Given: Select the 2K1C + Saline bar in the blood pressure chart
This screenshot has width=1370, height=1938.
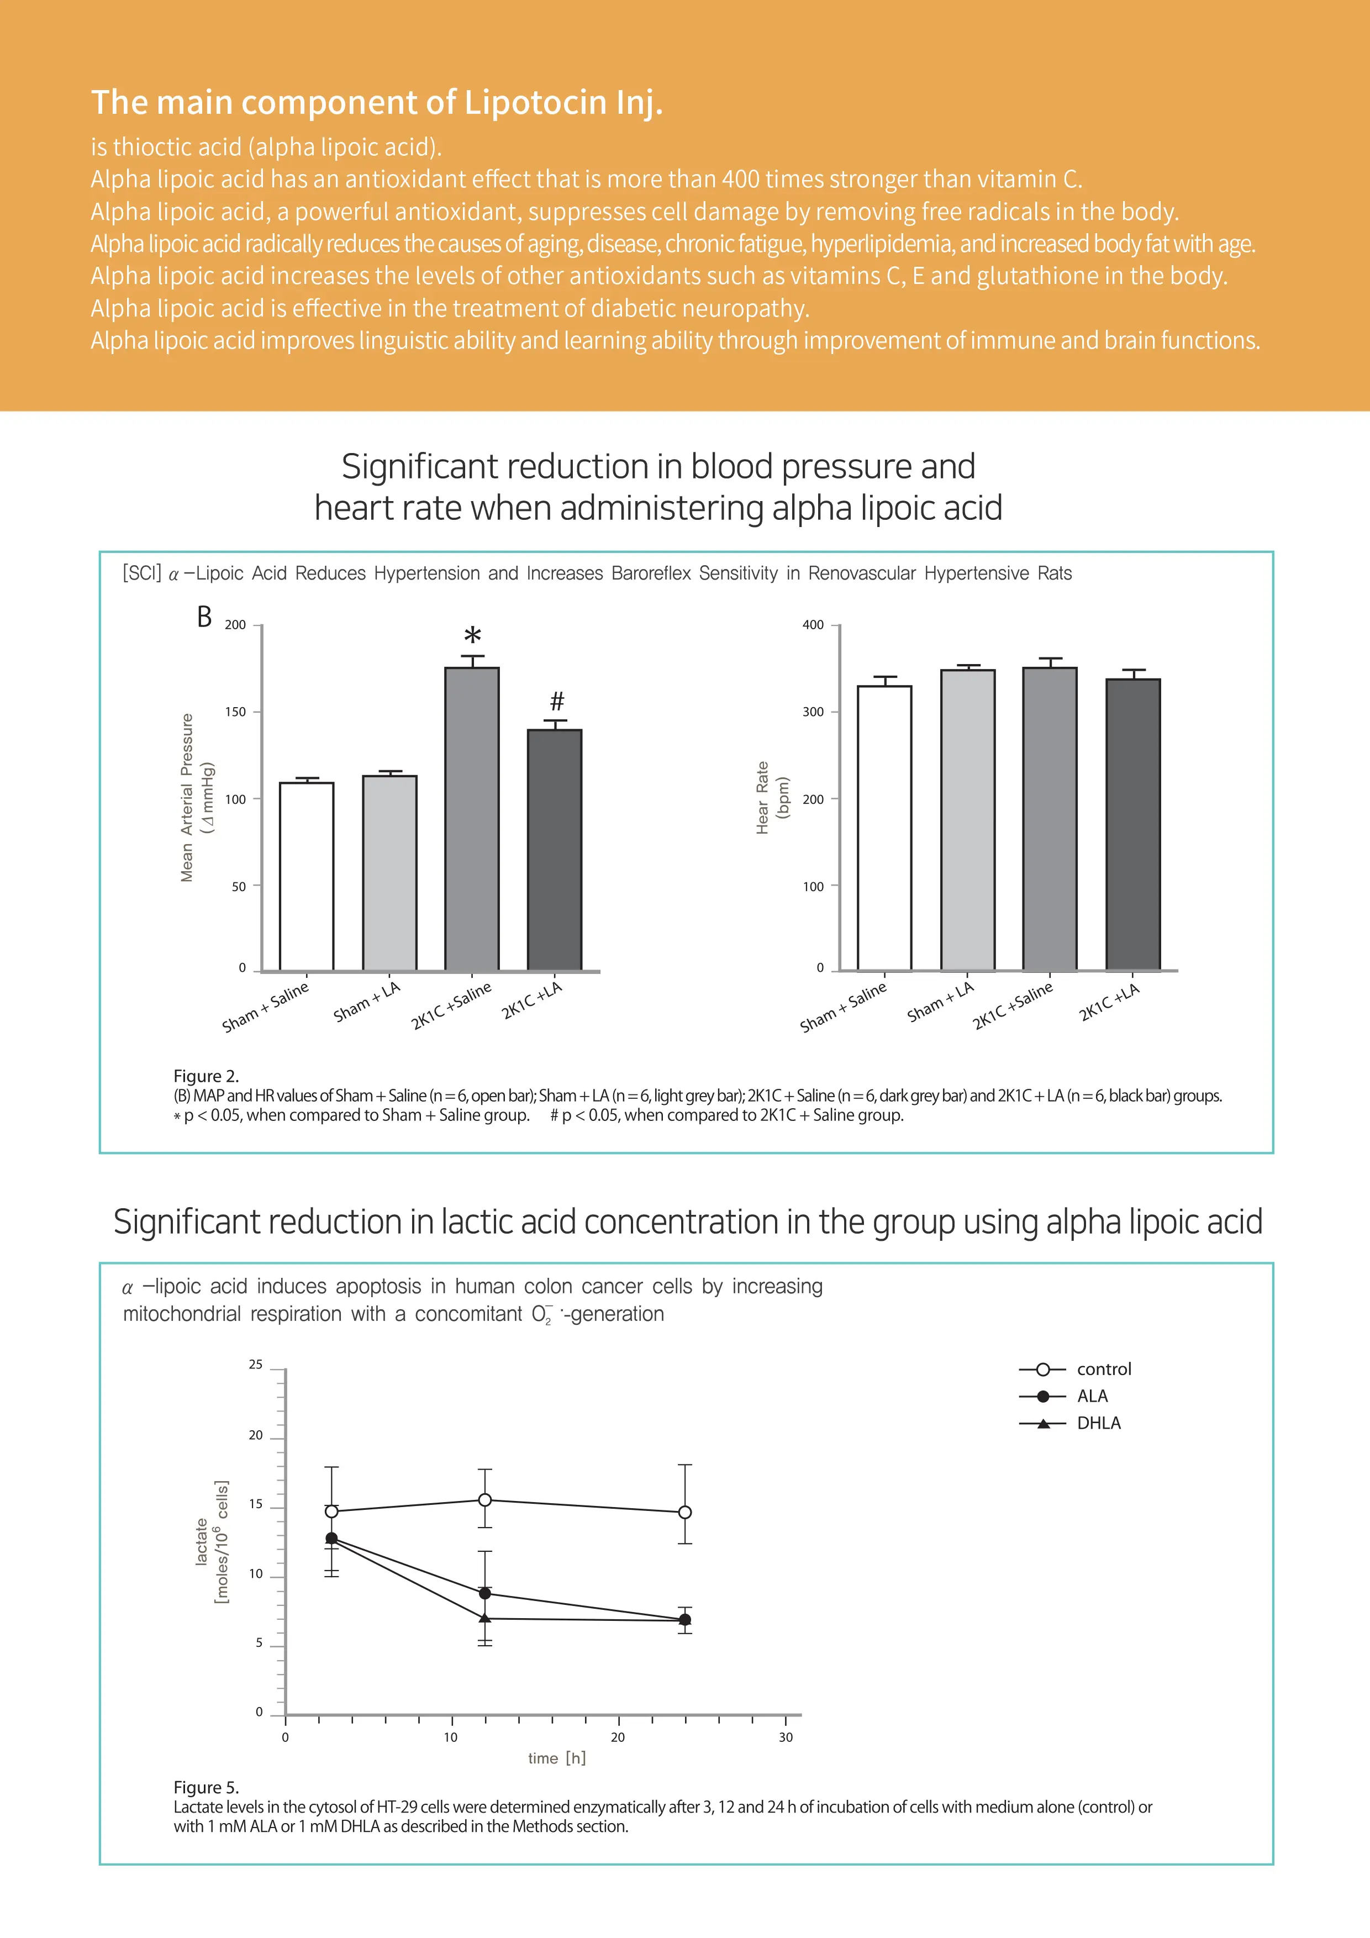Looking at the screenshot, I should [472, 819].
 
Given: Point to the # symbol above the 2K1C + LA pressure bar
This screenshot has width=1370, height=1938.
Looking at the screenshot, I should [556, 701].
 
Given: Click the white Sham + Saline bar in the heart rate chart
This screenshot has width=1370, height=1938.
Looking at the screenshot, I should [884, 827].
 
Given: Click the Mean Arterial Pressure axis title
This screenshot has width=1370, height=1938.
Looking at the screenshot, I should [187, 798].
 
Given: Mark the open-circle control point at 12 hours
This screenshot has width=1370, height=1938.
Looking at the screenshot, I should [484, 1500].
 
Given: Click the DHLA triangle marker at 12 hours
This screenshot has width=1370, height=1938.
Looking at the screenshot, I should [484, 1618].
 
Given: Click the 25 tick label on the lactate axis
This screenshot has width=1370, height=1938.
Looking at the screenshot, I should [255, 1365].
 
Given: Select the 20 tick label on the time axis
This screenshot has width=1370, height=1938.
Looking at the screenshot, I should [618, 1737].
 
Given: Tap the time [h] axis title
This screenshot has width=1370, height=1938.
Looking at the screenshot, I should [556, 1758].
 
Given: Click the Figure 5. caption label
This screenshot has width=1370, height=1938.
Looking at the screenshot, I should [206, 1787].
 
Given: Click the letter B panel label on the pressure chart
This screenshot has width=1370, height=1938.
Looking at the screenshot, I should [204, 617].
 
